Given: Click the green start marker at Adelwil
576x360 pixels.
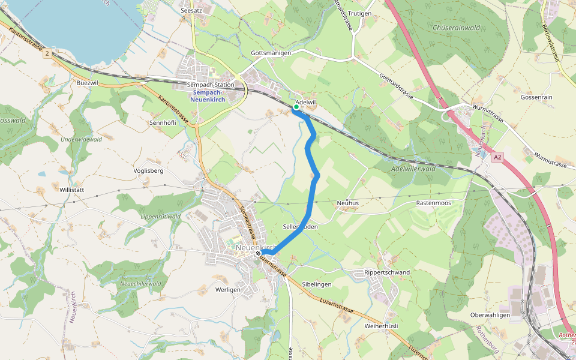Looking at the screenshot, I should [296, 108].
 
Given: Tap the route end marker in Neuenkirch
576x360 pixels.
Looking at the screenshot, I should [258, 254].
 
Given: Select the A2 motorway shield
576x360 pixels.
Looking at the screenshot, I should [497, 157].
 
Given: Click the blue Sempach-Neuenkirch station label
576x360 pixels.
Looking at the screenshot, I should [208, 96].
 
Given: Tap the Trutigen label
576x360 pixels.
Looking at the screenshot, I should [359, 13].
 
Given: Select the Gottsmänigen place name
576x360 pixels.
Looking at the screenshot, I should [271, 53].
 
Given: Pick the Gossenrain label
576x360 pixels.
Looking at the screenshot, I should [536, 97].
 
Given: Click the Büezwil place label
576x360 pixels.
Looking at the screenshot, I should [88, 82].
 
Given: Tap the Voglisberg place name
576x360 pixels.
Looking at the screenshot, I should [148, 170].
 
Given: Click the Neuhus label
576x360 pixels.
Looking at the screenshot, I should [347, 203].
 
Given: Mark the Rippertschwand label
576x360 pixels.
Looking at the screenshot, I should [387, 272].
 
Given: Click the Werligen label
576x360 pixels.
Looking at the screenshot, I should [227, 289].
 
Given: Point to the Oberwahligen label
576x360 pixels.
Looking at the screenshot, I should [490, 315].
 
